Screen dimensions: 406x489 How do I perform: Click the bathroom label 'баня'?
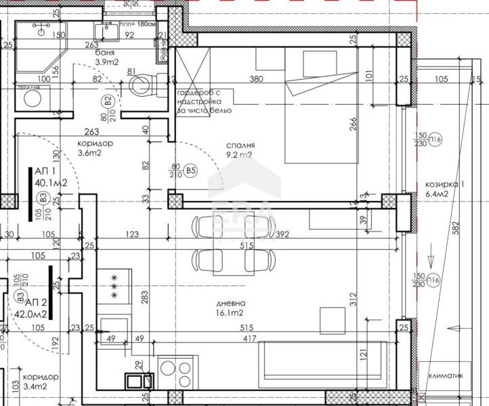pos(104,53)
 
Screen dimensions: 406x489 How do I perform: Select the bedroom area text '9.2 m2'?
pos(239,155)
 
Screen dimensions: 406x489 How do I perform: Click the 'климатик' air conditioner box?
pos(444,371)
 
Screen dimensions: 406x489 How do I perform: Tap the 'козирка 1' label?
pos(444,184)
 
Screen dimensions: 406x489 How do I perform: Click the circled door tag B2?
pos(107,101)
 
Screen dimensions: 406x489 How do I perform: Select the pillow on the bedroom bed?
pos(315,64)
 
